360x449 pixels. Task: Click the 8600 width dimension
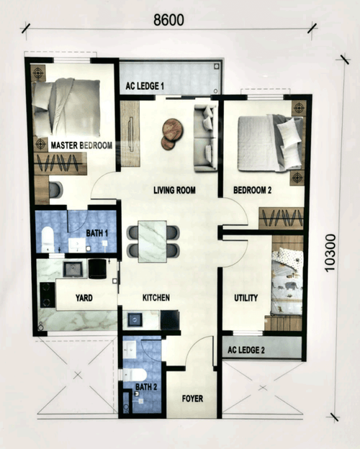tap(169, 20)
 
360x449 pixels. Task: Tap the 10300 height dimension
tap(330, 253)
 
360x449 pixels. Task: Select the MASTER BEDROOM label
tap(81, 145)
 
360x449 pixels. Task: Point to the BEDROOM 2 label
tap(252, 191)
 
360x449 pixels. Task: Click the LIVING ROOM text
tap(175, 191)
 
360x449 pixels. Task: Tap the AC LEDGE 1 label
tap(145, 86)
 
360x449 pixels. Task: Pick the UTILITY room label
tap(246, 298)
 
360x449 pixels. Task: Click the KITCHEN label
tap(156, 297)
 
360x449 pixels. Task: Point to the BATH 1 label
tap(97, 233)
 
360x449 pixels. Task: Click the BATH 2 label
tap(145, 387)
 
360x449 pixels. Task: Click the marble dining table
tap(153, 240)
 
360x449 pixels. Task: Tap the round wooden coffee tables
tap(171, 132)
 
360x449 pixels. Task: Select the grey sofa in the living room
tap(206, 137)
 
